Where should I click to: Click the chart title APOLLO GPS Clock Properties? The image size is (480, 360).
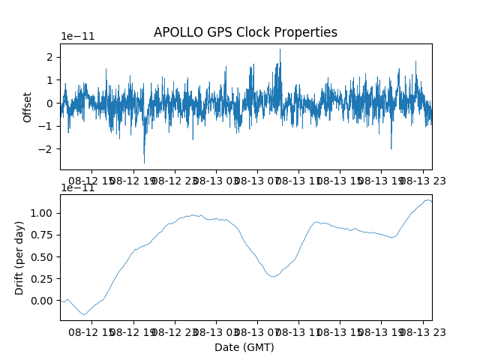point(245,32)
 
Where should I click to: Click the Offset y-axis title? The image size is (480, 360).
point(27,107)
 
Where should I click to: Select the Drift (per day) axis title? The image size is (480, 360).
point(19,258)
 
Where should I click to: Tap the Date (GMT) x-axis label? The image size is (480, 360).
point(244,347)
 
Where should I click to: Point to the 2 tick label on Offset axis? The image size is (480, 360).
point(49,57)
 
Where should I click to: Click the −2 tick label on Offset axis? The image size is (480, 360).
point(45,149)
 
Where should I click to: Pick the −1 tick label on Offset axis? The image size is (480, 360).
point(45,126)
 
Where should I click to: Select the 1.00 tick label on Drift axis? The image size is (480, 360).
point(42,213)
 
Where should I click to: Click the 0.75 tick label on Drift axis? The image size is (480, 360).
point(42,235)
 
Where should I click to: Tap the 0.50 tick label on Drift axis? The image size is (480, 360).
point(42,256)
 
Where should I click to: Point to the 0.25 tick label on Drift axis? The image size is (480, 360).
point(42,278)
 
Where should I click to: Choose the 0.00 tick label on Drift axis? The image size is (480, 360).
point(42,301)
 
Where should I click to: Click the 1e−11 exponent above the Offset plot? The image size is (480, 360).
point(78,36)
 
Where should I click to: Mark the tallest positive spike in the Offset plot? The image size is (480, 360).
point(280,49)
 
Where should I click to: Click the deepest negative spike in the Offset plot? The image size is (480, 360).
point(144,163)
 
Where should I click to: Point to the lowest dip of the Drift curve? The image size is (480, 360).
point(85,314)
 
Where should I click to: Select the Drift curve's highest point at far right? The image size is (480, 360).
point(427,200)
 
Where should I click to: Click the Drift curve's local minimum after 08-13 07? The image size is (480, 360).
point(274,277)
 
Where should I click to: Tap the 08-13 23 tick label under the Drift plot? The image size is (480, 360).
point(423,332)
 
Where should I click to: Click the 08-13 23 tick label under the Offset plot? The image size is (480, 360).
point(423,181)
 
